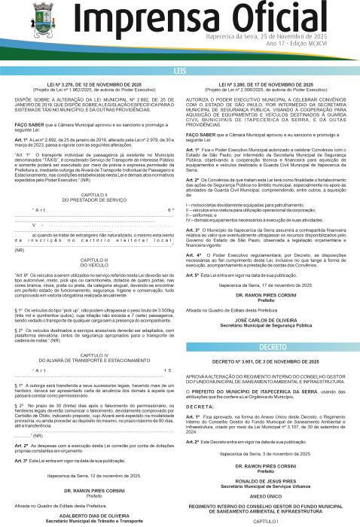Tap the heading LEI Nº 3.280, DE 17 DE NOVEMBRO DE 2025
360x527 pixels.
click(268, 85)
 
